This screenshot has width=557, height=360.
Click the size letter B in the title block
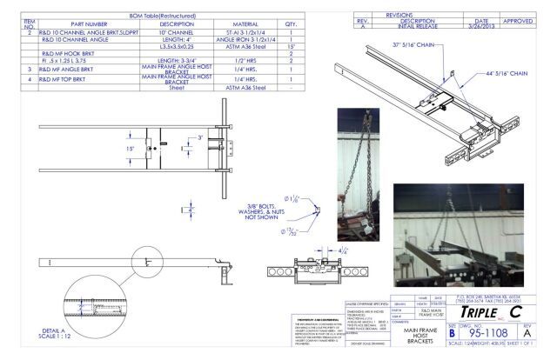(x=451, y=331)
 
